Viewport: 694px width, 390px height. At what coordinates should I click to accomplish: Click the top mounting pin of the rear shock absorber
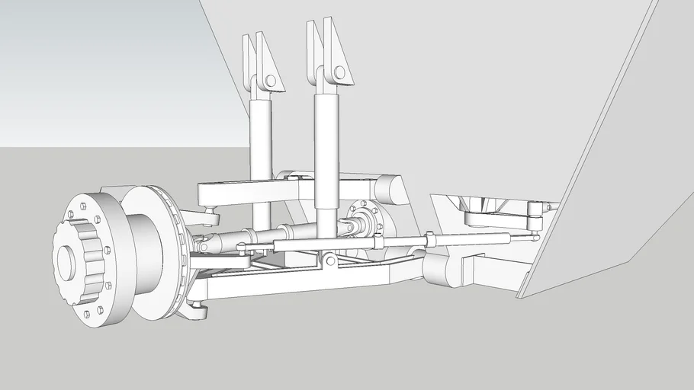pos(269,80)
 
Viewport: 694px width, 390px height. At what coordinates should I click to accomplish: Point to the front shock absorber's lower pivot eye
pos(329,261)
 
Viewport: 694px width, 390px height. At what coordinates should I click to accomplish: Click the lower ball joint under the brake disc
pos(197,308)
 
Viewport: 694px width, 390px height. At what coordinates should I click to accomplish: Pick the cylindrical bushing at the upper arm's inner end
pos(389,190)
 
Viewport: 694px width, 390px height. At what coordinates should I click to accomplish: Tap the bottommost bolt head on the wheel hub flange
pos(86,313)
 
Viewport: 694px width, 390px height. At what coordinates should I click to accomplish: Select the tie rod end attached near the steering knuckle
pos(241,246)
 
